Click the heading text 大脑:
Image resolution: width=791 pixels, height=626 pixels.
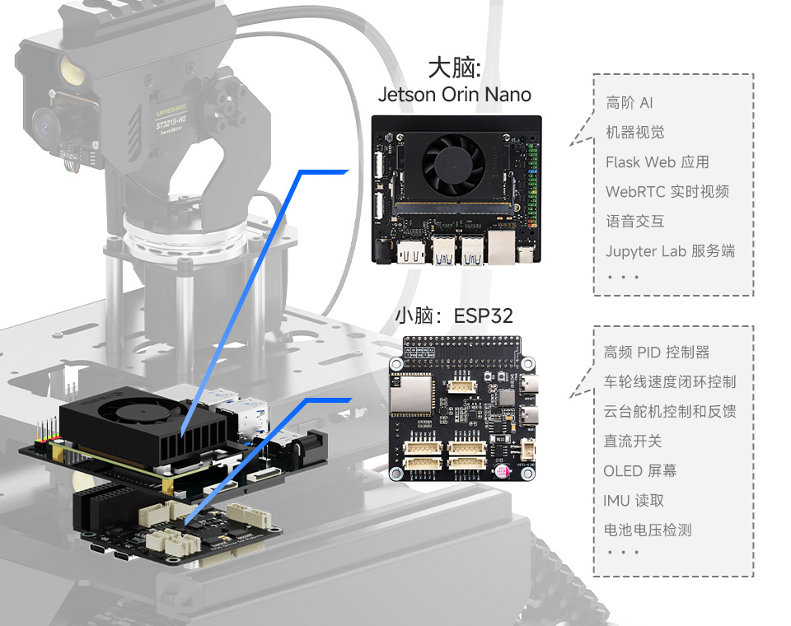454,68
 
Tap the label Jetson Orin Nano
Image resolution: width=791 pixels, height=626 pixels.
454,95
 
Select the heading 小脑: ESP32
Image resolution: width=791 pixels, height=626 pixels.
453,316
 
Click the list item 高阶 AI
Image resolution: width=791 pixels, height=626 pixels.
630,103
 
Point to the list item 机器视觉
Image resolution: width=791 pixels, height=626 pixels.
634,133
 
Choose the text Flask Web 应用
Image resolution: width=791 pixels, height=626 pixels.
657,162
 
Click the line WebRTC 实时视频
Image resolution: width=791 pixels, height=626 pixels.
667,192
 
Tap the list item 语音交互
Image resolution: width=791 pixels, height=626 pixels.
634,222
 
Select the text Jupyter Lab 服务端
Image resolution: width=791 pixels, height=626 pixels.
670,251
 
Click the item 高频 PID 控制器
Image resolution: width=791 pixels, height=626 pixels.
656,353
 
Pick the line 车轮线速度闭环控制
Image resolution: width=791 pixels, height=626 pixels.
669,382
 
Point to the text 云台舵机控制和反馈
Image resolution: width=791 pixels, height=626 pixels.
669,412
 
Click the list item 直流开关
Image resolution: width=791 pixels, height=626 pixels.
632,441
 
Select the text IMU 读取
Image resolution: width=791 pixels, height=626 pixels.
633,501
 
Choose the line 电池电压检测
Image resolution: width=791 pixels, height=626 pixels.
647,530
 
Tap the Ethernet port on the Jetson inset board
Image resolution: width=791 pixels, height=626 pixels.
502,246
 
